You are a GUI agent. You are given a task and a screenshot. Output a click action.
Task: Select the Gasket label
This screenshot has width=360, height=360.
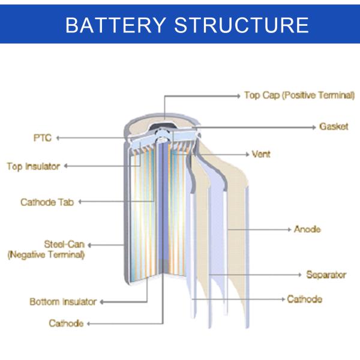tap(334, 127)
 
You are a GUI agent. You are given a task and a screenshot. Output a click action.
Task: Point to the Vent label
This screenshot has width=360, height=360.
tap(261, 154)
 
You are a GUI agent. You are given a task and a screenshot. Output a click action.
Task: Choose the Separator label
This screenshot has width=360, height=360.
tap(326, 275)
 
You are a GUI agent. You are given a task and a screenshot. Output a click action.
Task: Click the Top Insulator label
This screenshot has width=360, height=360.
tap(34, 166)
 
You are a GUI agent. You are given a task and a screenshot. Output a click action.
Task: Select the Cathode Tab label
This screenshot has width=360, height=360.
tap(47, 202)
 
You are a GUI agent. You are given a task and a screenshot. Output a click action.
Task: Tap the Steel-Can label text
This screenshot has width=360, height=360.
tap(64, 244)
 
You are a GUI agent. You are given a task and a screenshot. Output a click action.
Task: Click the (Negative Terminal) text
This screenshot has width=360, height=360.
tap(46, 254)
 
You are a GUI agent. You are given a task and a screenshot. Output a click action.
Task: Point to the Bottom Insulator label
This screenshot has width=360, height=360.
tap(63, 302)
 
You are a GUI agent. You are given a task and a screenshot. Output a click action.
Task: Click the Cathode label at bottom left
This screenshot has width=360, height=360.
tap(66, 323)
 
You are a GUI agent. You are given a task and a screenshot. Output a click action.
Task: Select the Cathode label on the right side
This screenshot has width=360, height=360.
tap(304, 299)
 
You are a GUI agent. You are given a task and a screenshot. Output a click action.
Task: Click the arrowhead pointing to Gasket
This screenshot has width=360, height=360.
tap(313, 127)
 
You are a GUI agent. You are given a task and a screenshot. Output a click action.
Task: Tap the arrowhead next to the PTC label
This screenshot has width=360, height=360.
tap(58, 138)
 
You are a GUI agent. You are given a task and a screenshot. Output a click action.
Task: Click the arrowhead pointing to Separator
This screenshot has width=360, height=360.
tap(300, 275)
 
